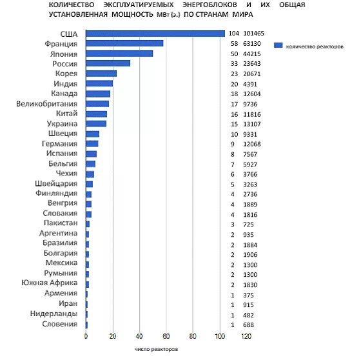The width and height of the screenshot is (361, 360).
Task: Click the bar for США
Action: coord(155,34)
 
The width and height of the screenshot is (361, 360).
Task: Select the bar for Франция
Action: coord(124,43)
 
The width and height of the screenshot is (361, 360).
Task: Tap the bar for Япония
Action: coord(119,54)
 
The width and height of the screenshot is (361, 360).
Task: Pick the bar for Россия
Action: coord(108,63)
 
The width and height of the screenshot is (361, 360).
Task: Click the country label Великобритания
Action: coord(47,103)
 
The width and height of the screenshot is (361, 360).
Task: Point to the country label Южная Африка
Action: coord(50,283)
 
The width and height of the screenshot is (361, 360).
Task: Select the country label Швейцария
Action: coord(55,183)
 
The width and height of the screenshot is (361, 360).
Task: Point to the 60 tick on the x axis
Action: coord(166,336)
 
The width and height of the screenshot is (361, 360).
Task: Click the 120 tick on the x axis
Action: coord(248,336)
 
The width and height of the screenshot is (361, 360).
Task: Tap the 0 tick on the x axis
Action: coord(86,336)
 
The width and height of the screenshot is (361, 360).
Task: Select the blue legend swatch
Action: coord(278,45)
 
